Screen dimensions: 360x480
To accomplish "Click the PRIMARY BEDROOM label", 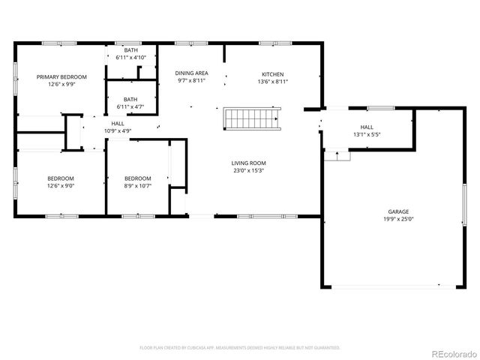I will pos(62,76).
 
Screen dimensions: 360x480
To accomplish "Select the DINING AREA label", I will pos(191,73).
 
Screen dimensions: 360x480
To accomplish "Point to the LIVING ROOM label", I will pos(247,163).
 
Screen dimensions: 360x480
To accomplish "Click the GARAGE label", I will pos(397,212).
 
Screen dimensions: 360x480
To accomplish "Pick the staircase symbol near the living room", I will pos(254,118).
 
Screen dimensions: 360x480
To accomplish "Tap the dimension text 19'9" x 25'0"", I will pos(397,220).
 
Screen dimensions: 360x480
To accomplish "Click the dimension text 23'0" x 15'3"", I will pos(247,170).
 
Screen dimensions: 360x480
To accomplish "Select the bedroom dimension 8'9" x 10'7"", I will pos(137,185).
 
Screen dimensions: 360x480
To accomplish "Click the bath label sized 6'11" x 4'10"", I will pos(130,57).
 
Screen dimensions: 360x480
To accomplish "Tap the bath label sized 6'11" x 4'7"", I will pos(130,106).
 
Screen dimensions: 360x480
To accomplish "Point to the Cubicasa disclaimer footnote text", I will pos(240,347).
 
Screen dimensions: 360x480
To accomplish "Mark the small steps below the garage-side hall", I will pos(337,155).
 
